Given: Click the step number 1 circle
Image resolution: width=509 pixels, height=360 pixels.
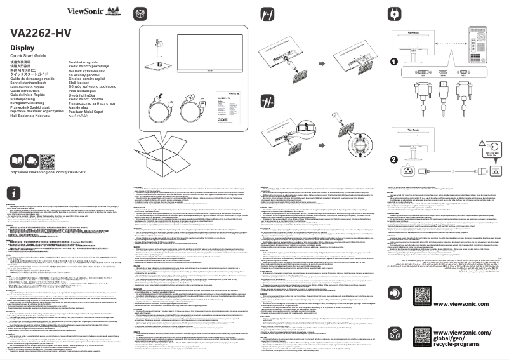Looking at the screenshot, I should (394, 62).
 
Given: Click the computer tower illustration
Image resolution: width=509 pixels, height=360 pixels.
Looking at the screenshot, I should (482, 38).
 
